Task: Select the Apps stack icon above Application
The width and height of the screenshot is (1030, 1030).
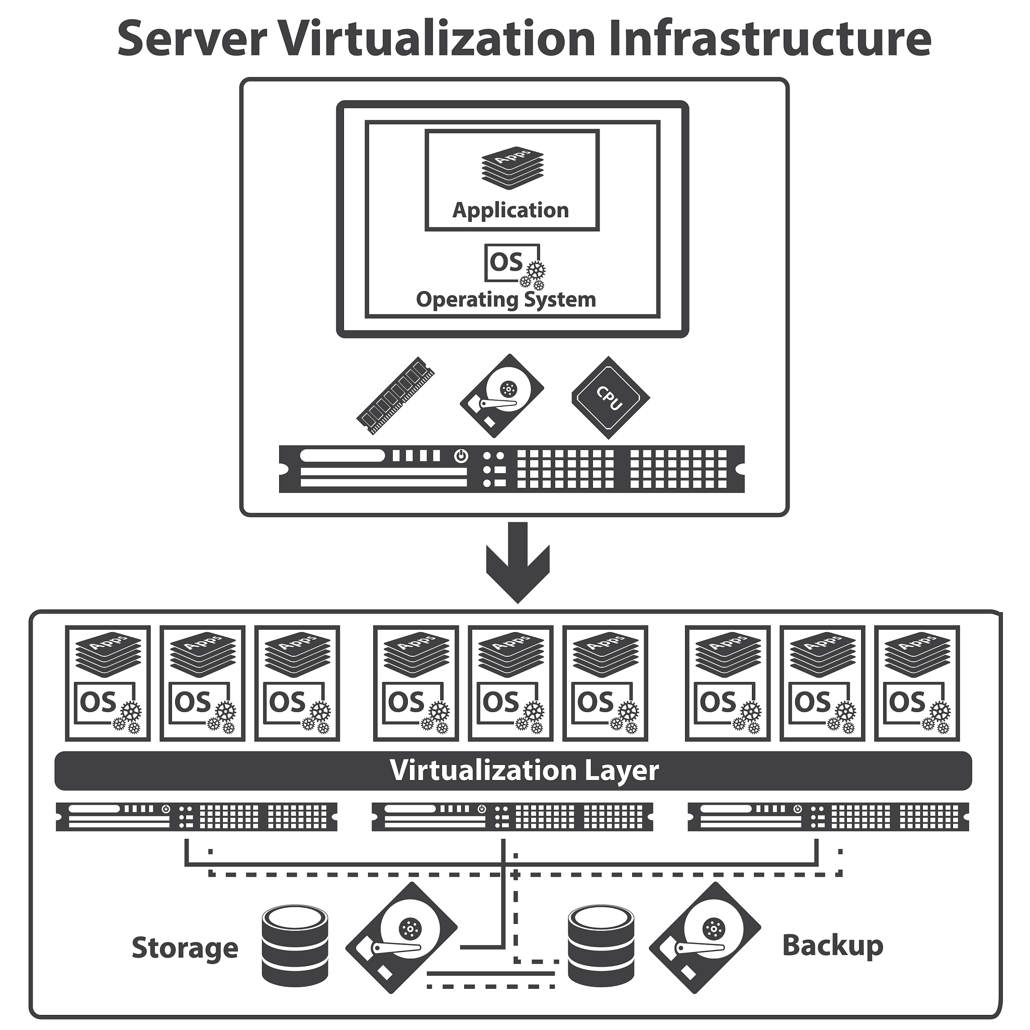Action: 512,167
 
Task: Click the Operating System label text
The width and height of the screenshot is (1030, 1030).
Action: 505,300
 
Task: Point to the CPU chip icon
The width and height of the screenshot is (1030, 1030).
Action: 611,398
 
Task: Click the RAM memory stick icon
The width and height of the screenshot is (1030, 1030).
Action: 395,396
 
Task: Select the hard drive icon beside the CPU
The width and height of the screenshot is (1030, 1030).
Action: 501,396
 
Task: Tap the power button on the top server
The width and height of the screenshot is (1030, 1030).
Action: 461,456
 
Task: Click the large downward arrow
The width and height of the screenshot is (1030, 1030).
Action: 517,562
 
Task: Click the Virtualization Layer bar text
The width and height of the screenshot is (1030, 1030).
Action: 524,771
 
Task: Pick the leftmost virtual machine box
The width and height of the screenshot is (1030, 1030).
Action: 108,683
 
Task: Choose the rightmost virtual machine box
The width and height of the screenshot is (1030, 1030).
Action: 916,683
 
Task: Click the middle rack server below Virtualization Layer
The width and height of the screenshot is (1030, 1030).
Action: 512,817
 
